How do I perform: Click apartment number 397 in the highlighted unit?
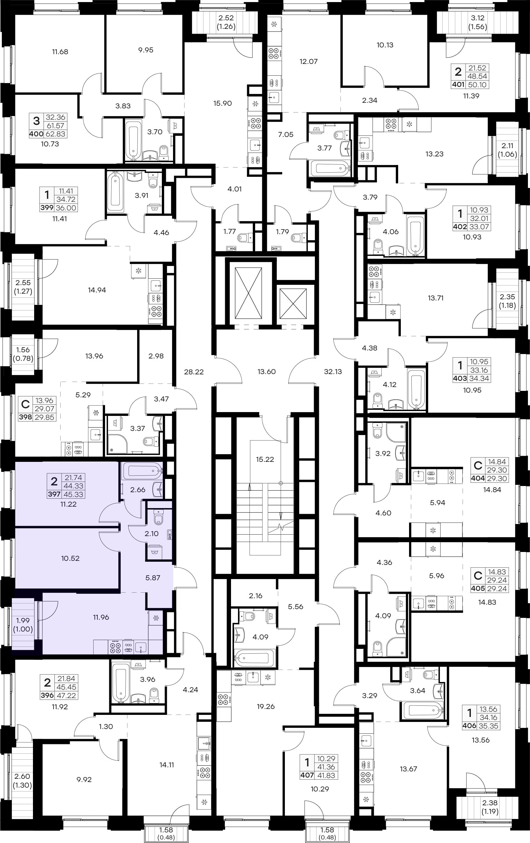[54, 494]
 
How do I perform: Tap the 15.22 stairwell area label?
[265, 459]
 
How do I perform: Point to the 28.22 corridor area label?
[194, 372]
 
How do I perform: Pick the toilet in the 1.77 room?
[245, 238]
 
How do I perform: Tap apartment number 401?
[458, 84]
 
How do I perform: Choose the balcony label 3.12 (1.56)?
[478, 22]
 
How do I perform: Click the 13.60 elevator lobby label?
[267, 371]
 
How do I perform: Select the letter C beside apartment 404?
[478, 465]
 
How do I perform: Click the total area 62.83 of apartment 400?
[55, 134]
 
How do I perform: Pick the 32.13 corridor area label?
[333, 371]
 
